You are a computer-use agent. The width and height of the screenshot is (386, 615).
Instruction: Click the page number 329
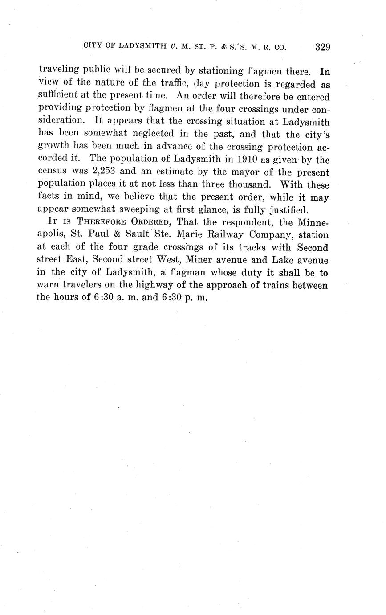[322, 47]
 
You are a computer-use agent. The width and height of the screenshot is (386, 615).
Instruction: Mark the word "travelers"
[82, 285]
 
